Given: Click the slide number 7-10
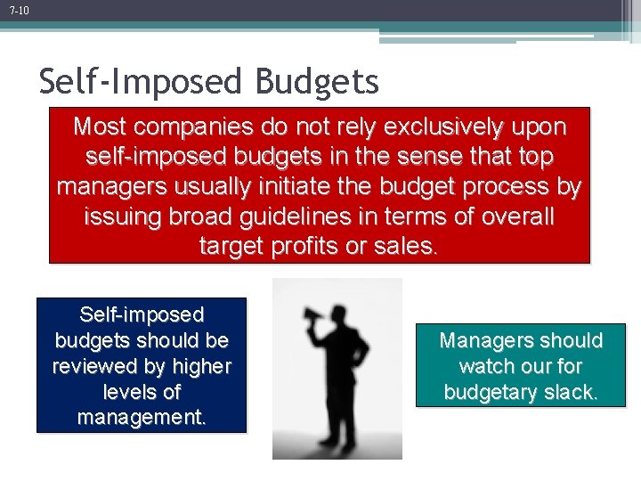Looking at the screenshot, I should coord(20,11).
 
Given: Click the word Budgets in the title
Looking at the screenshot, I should coord(317,83).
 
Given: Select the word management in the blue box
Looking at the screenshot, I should coord(142,417).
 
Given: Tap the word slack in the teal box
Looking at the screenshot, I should coord(566,392).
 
